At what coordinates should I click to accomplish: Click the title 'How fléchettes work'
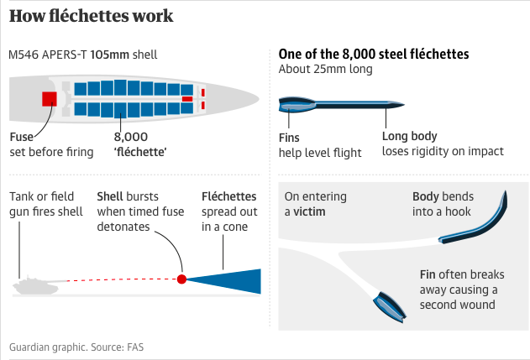(x=91, y=16)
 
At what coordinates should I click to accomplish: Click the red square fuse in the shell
(x=50, y=99)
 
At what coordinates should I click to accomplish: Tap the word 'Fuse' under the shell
(x=22, y=137)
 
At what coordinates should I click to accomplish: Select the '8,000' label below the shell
(x=131, y=137)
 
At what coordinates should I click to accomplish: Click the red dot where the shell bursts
(x=182, y=279)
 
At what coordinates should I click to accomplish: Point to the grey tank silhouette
(x=35, y=285)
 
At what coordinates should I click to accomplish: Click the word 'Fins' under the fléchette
(x=289, y=138)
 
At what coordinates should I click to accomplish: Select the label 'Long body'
(x=409, y=136)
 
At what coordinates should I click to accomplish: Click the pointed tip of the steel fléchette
(x=404, y=105)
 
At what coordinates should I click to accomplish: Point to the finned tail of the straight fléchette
(x=296, y=105)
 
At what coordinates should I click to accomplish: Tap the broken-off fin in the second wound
(x=390, y=306)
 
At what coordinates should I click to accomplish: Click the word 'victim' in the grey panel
(x=309, y=211)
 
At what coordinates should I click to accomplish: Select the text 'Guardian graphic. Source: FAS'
(x=76, y=347)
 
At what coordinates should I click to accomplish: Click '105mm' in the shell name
(x=109, y=55)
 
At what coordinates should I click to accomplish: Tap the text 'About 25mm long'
(x=326, y=69)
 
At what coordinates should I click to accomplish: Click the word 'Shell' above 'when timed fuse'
(x=109, y=196)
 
